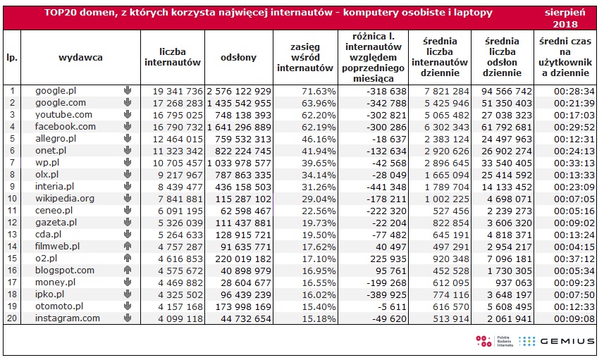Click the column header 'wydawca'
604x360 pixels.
point(80,58)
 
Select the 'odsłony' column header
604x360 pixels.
point(238,58)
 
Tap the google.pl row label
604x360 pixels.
point(56,91)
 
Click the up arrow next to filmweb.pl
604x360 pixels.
point(128,246)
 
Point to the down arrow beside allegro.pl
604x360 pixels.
point(128,138)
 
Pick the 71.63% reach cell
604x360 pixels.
point(319,92)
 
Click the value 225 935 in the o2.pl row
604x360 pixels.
point(388,259)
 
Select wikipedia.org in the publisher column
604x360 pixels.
point(65,199)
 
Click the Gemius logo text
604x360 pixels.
point(567,341)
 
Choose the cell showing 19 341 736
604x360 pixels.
point(178,92)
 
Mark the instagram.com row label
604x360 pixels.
point(68,318)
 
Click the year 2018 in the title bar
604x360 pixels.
point(565,24)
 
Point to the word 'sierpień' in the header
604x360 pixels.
point(565,12)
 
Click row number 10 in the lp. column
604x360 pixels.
point(12,199)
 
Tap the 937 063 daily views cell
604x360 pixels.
point(514,283)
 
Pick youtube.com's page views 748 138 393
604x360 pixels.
point(243,116)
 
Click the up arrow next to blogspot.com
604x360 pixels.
point(128,270)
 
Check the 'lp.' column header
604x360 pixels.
point(12,58)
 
